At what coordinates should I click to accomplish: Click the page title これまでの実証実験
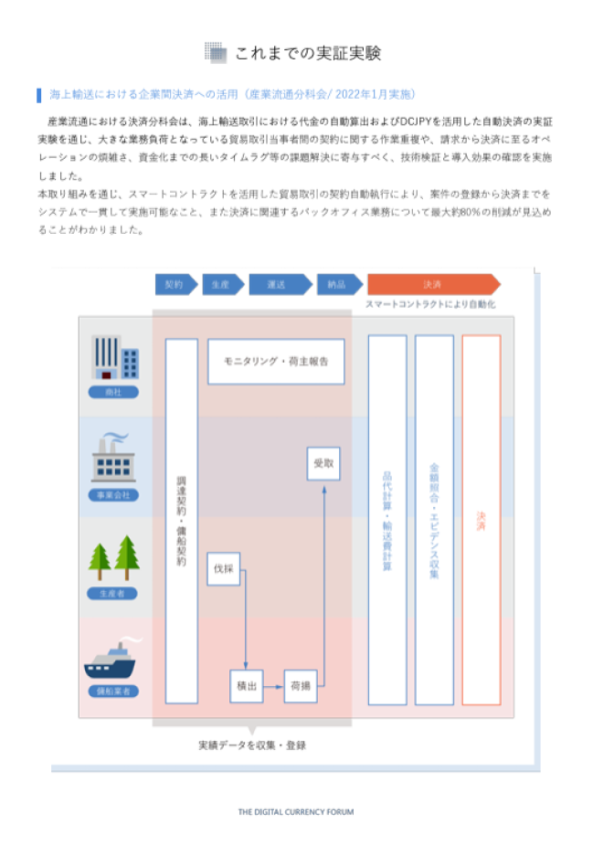coord(308,53)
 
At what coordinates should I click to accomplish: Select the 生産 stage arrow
coord(220,284)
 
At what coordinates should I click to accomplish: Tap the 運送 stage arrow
coord(278,284)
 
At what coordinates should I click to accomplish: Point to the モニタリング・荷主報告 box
coord(275,362)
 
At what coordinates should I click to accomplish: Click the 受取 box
coord(323,464)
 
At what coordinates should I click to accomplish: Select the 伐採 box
coord(224,569)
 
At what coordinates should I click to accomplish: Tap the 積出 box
coord(246,685)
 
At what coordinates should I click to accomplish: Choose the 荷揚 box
coord(301,685)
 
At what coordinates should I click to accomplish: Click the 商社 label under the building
coord(113,392)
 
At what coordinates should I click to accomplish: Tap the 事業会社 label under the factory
coord(113,494)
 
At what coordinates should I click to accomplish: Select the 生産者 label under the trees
coord(113,593)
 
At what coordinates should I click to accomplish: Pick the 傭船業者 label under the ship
coord(113,691)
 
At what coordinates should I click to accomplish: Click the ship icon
coord(113,660)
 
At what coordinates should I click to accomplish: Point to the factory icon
coord(113,459)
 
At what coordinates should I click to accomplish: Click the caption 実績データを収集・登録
coord(252,745)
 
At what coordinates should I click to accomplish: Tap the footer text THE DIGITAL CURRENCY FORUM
coord(295,811)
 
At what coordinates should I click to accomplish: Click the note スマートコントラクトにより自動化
coord(430,304)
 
